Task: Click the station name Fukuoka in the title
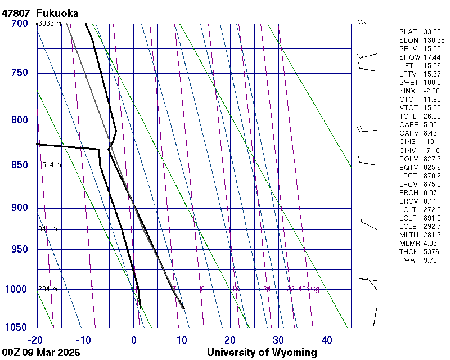pos(57,13)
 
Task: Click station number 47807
pos(16,13)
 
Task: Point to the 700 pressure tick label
pos(20,24)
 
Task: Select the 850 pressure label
pos(20,165)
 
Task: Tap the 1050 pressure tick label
pos(17,327)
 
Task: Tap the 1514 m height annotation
pos(49,165)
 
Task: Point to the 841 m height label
pos(48,229)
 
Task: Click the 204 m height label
pos(48,289)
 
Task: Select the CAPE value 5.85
pos(431,125)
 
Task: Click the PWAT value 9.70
pos(431,260)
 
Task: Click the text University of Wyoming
pos(262,353)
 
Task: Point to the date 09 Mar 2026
pos(51,353)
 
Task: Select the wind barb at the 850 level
pos(367,164)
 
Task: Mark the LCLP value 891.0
pos(432,218)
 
